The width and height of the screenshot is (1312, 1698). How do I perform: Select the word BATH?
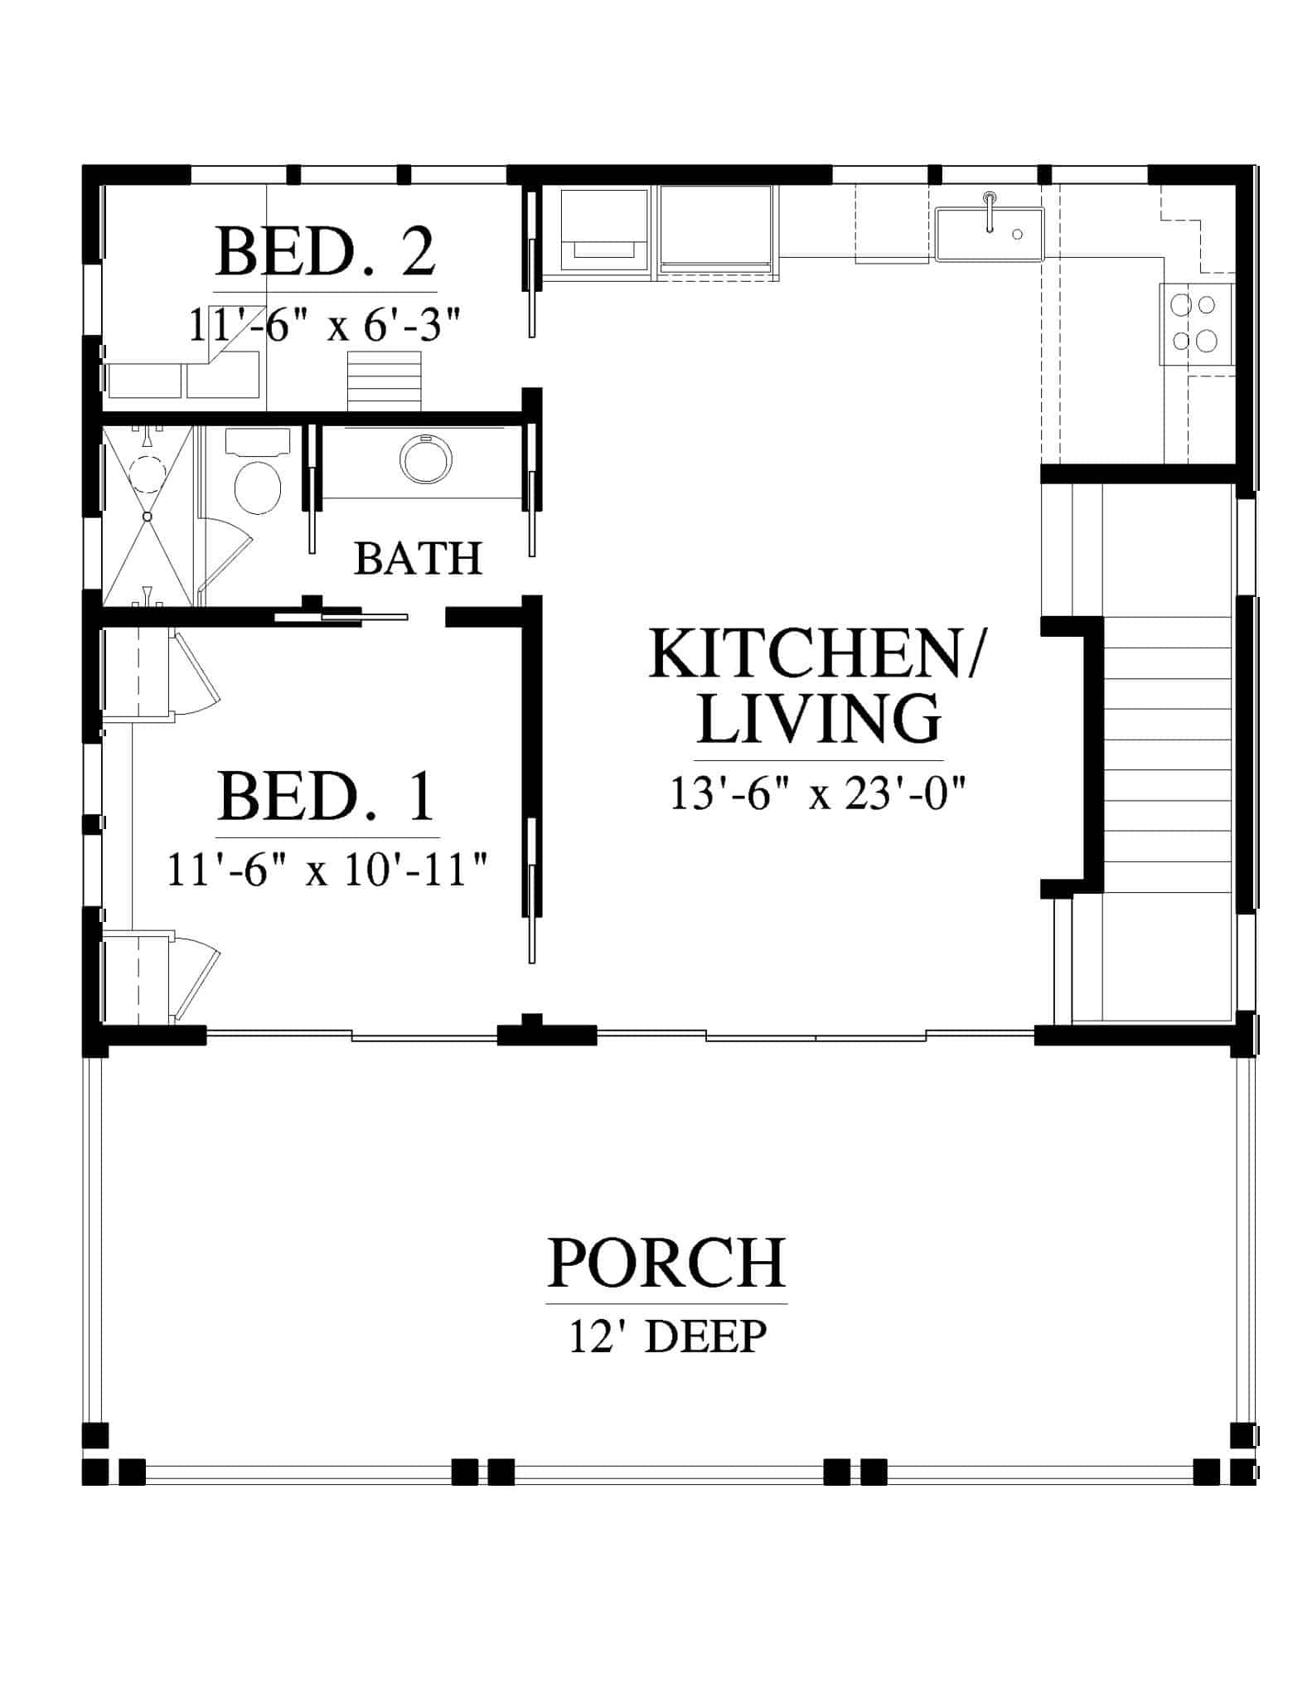(x=418, y=559)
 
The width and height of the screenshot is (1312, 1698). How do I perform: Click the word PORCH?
(x=667, y=1285)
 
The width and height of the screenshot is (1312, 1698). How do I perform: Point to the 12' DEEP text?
(x=667, y=1360)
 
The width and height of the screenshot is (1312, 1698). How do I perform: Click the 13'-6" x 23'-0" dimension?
(x=819, y=794)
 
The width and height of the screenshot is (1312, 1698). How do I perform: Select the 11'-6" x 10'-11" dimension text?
(x=327, y=870)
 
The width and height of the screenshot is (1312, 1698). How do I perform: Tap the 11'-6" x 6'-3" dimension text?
(x=324, y=324)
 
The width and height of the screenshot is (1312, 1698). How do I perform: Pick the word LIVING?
(x=819, y=718)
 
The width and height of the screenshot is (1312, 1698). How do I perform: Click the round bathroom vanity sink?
(x=426, y=457)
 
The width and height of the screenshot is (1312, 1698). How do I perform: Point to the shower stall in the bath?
(x=148, y=516)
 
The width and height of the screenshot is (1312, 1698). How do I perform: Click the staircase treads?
(x=1169, y=754)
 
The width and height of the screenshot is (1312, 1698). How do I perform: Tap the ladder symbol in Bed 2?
(x=384, y=381)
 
